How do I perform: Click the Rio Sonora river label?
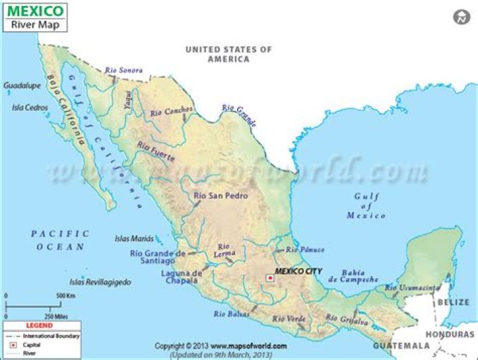(124, 70)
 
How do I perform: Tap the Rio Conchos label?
(171, 112)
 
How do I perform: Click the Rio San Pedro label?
(220, 196)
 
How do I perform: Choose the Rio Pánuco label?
(305, 250)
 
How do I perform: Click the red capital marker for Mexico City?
(270, 278)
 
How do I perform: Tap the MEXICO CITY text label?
(299, 272)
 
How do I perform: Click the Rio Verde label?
(289, 319)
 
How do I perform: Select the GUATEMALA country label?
(401, 346)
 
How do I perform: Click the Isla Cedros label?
(30, 107)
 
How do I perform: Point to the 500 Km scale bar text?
(65, 295)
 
